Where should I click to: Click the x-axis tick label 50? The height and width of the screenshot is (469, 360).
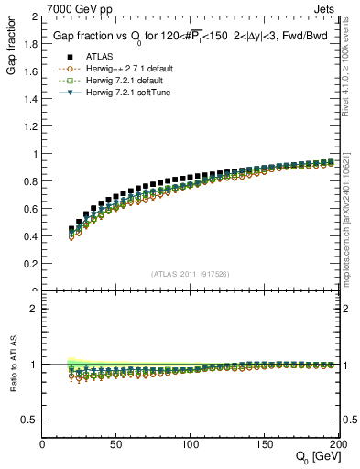click(117, 445)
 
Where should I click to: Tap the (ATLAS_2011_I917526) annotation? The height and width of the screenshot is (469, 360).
click(191, 273)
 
